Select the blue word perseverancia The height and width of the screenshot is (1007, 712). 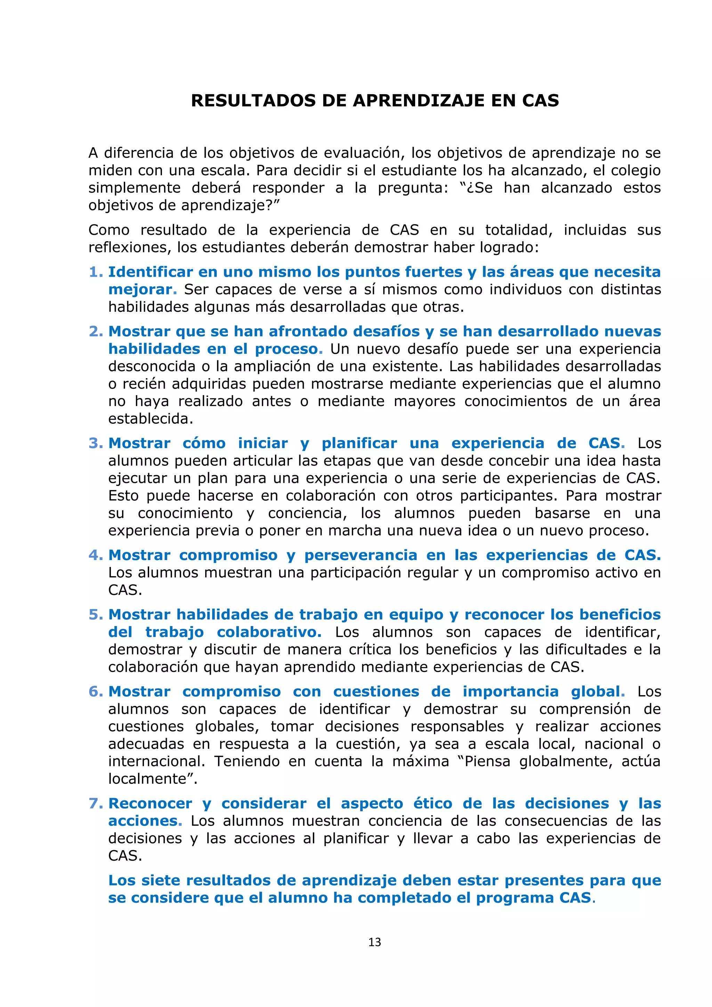pyautogui.click(x=361, y=555)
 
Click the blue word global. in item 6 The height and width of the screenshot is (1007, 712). pyautogui.click(x=598, y=691)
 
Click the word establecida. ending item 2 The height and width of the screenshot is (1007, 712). pyautogui.click(x=151, y=419)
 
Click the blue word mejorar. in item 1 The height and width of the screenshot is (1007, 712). pyautogui.click(x=142, y=290)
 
